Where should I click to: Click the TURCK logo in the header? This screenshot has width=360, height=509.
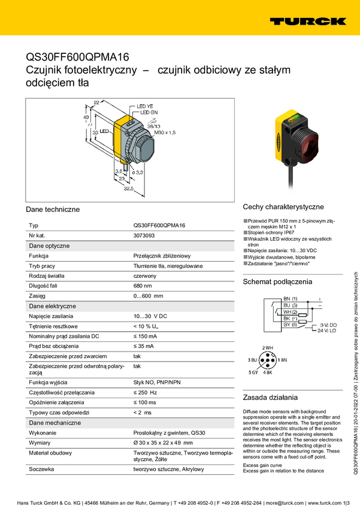coord(307,21)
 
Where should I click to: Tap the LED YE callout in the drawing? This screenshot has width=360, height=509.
coord(146,105)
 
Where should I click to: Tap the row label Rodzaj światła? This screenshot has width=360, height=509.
coord(47,275)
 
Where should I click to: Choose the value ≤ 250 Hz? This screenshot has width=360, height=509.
coord(145,392)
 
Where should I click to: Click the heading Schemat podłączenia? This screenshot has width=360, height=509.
coord(277,281)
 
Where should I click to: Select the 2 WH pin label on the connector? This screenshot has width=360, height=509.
coord(267,348)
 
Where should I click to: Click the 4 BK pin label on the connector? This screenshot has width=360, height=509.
coord(267,372)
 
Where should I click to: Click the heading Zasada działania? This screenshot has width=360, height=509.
coord(270,397)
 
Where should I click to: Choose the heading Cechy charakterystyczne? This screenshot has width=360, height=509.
coord(283,207)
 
